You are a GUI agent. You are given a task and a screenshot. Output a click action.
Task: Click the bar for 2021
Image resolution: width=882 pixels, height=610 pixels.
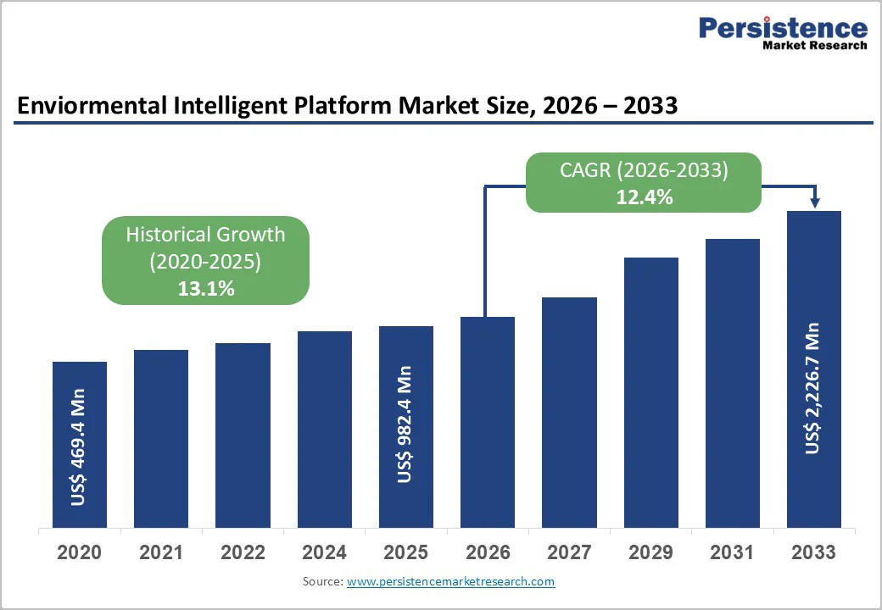tap(161, 439)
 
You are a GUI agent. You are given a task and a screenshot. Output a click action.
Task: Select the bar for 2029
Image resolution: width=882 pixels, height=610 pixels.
tap(651, 392)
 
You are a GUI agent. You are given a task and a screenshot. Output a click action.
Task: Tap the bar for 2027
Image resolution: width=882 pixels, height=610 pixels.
tap(569, 413)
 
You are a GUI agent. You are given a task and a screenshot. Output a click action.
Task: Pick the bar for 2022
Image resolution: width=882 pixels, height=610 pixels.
tap(243, 435)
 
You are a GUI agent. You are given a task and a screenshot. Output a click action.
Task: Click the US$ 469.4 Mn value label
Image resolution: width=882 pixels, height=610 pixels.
tap(79, 446)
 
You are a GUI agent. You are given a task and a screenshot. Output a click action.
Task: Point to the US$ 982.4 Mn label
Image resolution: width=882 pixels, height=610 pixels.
tap(405, 424)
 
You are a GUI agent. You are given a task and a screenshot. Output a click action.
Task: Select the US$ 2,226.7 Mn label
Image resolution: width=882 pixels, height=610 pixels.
tap(813, 388)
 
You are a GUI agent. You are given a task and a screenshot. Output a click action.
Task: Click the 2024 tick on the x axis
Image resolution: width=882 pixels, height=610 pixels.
tap(324, 553)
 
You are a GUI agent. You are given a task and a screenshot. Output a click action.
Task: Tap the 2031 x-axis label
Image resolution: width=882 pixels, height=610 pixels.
tap(732, 553)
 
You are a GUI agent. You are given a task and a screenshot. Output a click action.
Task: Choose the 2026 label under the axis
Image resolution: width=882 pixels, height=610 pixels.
tap(488, 553)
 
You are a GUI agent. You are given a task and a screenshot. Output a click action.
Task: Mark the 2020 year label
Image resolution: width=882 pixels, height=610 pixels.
tap(79, 553)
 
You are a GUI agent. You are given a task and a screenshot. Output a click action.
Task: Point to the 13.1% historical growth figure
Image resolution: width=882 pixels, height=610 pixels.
tap(205, 289)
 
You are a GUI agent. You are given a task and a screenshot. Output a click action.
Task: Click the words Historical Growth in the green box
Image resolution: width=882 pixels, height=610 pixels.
tap(205, 235)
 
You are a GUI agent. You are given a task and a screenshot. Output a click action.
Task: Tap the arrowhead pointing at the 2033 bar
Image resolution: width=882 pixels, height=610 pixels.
tap(815, 202)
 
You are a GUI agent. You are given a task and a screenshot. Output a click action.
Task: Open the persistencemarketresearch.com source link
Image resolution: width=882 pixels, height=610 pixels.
tap(450, 582)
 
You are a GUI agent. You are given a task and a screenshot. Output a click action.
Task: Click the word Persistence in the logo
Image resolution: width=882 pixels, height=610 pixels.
tap(783, 29)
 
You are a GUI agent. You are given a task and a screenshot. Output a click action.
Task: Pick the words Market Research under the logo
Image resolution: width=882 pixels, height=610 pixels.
tap(814, 46)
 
